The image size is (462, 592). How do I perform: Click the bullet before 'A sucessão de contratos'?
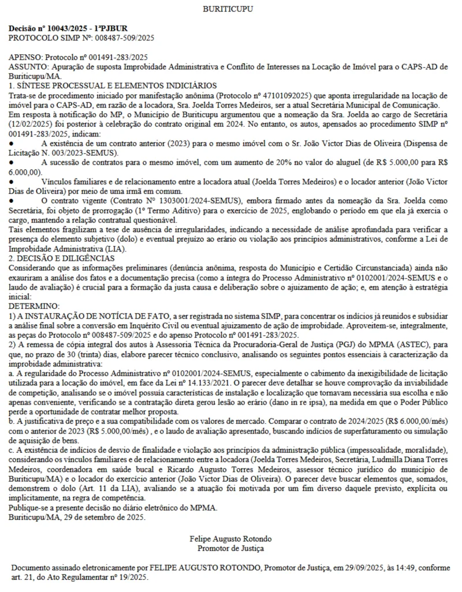click(11, 162)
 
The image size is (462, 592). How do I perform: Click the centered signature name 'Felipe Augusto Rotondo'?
click(230, 539)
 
